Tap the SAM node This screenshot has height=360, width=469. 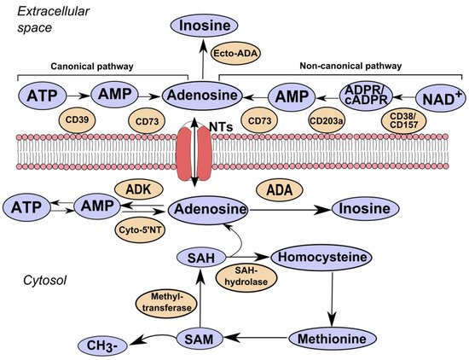[x=196, y=339]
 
